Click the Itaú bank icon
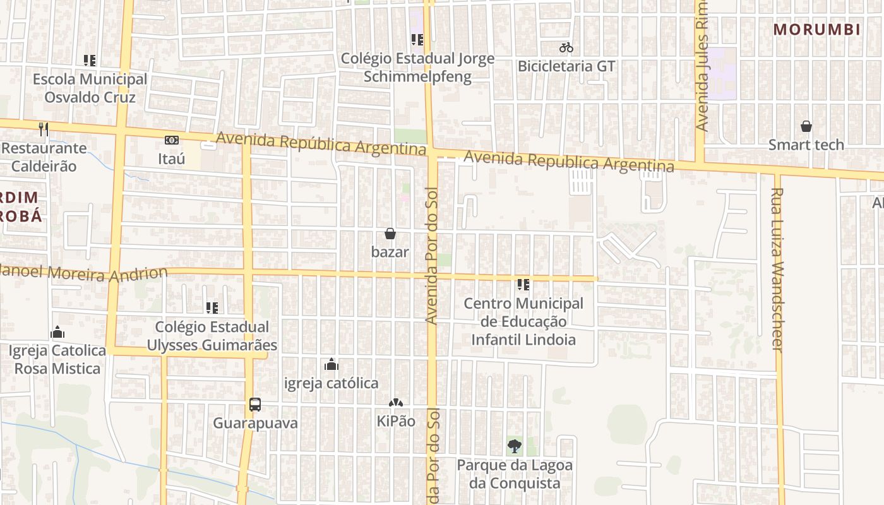(x=171, y=140)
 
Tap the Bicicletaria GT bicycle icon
(x=566, y=47)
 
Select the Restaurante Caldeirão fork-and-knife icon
(x=44, y=129)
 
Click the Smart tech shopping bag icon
(x=806, y=126)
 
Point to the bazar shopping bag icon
(x=390, y=234)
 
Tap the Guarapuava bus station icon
(x=254, y=405)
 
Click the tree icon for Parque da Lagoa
(x=515, y=446)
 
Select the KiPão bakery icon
(x=396, y=403)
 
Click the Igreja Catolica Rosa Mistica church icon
(x=57, y=332)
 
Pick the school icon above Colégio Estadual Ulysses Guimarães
(x=212, y=308)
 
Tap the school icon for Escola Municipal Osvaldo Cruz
(x=90, y=61)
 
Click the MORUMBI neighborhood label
(x=817, y=30)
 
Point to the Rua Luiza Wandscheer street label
(x=777, y=270)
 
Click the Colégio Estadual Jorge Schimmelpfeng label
(x=417, y=68)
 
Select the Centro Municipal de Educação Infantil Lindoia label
(x=523, y=321)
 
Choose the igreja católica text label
(x=331, y=383)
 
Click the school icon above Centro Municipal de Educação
(x=523, y=285)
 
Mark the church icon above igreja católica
(x=331, y=365)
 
